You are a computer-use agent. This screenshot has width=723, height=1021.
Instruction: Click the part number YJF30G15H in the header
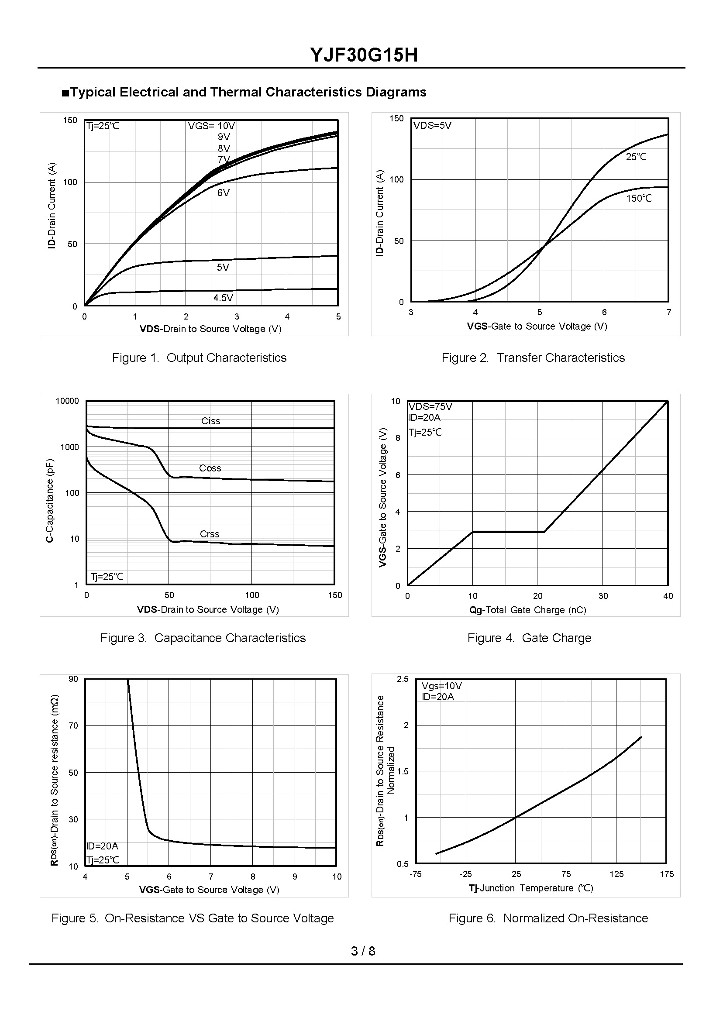[x=364, y=55]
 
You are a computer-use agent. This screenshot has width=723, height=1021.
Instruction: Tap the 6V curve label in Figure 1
[x=224, y=193]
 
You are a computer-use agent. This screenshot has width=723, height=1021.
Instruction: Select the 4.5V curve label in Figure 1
[x=223, y=298]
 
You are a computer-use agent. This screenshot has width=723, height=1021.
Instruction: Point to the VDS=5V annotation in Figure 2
[x=432, y=126]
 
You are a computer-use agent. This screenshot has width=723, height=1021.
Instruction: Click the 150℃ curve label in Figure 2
[x=638, y=199]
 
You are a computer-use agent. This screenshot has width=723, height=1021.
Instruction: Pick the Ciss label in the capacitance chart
[x=210, y=421]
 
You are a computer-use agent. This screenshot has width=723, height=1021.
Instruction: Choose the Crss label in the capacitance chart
[x=209, y=534]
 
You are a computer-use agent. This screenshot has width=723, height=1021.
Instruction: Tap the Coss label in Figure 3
[x=210, y=468]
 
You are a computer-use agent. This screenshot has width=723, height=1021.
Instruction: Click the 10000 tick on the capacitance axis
[x=67, y=401]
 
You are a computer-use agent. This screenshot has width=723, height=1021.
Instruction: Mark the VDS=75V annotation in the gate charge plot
[x=430, y=407]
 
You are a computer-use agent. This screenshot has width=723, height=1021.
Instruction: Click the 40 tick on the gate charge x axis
[x=668, y=596]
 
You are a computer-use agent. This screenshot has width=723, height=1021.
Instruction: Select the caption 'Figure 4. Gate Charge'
[x=529, y=638]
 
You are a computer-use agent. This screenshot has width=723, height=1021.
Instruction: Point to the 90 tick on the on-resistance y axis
[x=73, y=679]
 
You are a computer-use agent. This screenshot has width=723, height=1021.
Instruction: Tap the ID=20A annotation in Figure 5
[x=103, y=846]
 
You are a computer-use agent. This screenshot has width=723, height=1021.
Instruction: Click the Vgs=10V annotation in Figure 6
[x=442, y=686]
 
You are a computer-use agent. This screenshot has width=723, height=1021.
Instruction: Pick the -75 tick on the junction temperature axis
[x=415, y=874]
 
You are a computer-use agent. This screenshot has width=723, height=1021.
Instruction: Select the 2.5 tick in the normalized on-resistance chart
[x=403, y=679]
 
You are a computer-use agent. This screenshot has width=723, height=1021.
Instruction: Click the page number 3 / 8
[x=363, y=951]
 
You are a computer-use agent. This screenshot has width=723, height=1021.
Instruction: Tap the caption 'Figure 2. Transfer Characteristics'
[x=533, y=358]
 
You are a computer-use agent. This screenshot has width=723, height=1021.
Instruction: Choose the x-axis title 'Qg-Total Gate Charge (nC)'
[x=527, y=610]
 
